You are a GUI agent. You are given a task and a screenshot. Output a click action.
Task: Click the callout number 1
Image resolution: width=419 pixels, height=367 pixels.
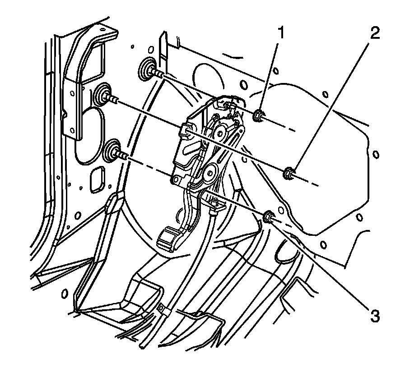(281, 33)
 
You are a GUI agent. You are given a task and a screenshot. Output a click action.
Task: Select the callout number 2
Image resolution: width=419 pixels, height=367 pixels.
(373, 33)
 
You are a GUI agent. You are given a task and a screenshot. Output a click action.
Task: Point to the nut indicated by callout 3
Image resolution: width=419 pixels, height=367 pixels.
(269, 217)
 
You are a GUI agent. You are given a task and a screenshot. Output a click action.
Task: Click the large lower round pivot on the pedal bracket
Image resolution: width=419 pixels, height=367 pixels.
(211, 172)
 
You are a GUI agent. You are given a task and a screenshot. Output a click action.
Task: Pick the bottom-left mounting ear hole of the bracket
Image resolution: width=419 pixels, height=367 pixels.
(174, 179)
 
